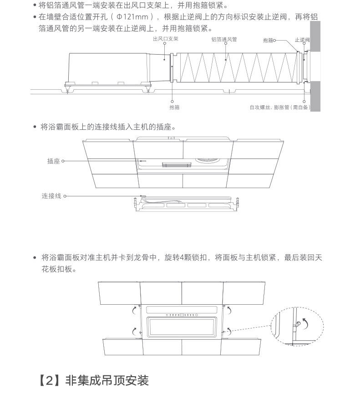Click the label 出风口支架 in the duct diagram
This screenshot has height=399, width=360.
165,40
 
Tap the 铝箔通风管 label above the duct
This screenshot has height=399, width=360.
224,40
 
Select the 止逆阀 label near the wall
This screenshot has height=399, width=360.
302,40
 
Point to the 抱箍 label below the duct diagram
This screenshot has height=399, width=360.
174,107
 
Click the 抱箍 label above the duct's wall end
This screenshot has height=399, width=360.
268,41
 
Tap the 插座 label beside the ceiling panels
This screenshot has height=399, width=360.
53,161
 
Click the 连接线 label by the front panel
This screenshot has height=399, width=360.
51,196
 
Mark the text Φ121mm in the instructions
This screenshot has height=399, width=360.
132,17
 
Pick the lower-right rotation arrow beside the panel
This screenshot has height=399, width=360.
229,331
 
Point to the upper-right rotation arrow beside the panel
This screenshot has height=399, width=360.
230,310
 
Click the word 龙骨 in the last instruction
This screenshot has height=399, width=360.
142,258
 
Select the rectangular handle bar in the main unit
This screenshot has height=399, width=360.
174,164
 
